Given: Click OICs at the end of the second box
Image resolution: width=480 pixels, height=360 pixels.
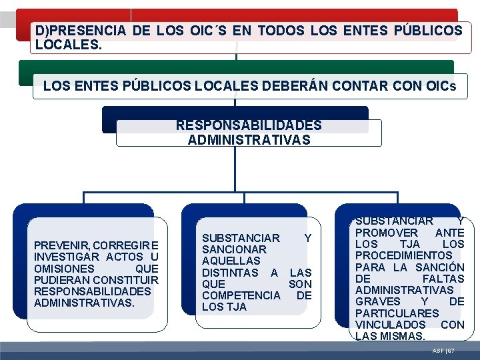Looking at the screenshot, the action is [x=443, y=85].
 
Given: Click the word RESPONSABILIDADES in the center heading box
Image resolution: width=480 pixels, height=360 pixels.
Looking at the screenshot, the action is [x=249, y=125].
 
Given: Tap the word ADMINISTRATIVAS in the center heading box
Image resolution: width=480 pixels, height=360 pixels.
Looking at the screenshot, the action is [x=249, y=139].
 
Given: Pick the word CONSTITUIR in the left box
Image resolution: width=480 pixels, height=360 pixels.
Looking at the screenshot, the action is [x=127, y=280].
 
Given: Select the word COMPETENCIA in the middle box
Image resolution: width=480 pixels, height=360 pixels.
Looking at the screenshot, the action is [x=241, y=295].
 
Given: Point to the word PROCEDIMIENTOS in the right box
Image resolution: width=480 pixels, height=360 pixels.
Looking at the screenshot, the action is [x=403, y=255].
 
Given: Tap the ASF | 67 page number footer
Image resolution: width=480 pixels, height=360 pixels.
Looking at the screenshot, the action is [x=443, y=351].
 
